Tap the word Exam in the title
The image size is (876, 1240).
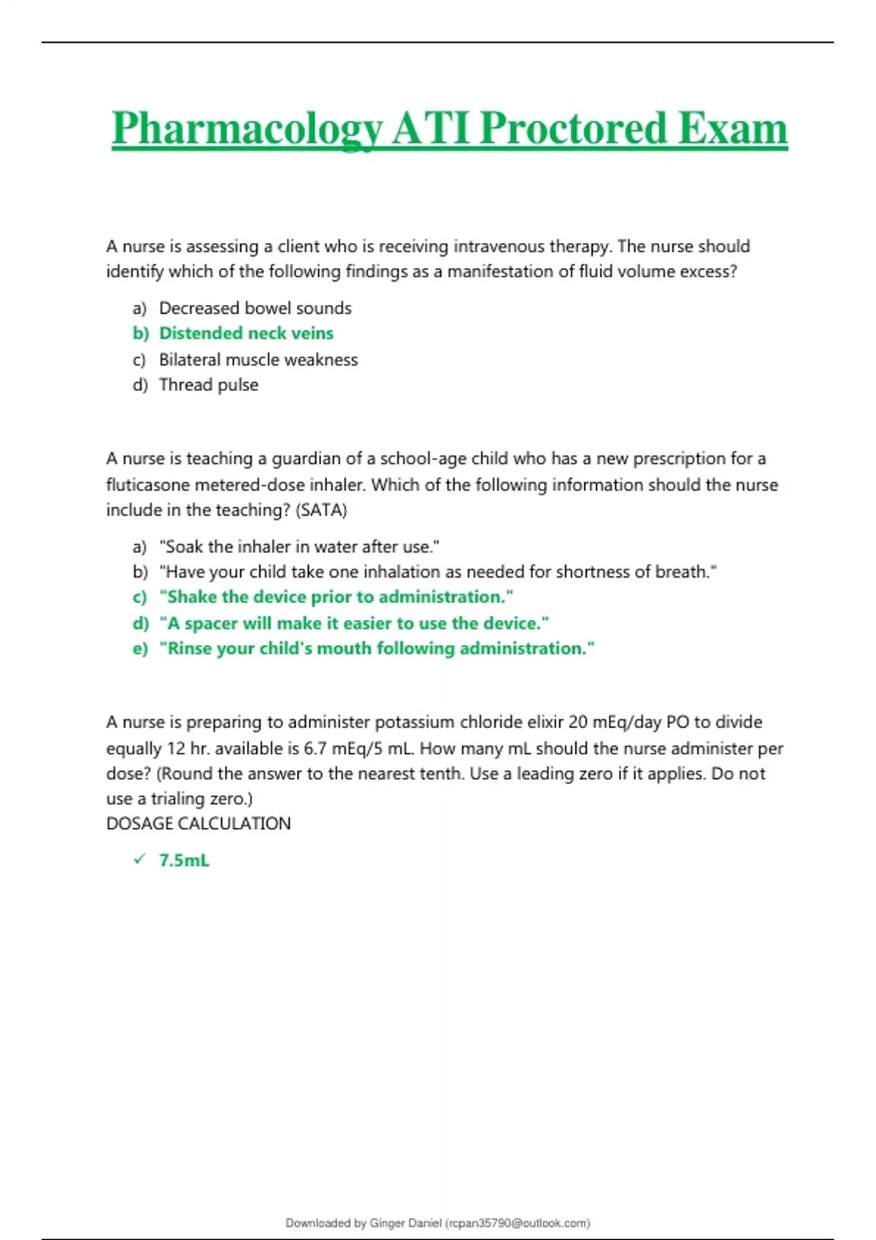732,129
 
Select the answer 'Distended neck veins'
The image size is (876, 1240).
246,333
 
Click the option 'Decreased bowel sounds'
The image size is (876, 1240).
255,308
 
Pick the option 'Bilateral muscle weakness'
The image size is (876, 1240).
258,360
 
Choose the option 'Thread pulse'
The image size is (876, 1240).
209,385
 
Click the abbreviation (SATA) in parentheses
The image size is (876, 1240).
322,510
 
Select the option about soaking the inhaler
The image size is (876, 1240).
299,546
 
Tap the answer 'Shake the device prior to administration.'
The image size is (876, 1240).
336,597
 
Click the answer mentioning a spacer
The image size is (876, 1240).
353,623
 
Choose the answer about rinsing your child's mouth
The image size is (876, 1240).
377,648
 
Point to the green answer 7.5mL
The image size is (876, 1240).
184,861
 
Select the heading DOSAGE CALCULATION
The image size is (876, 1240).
199,824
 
